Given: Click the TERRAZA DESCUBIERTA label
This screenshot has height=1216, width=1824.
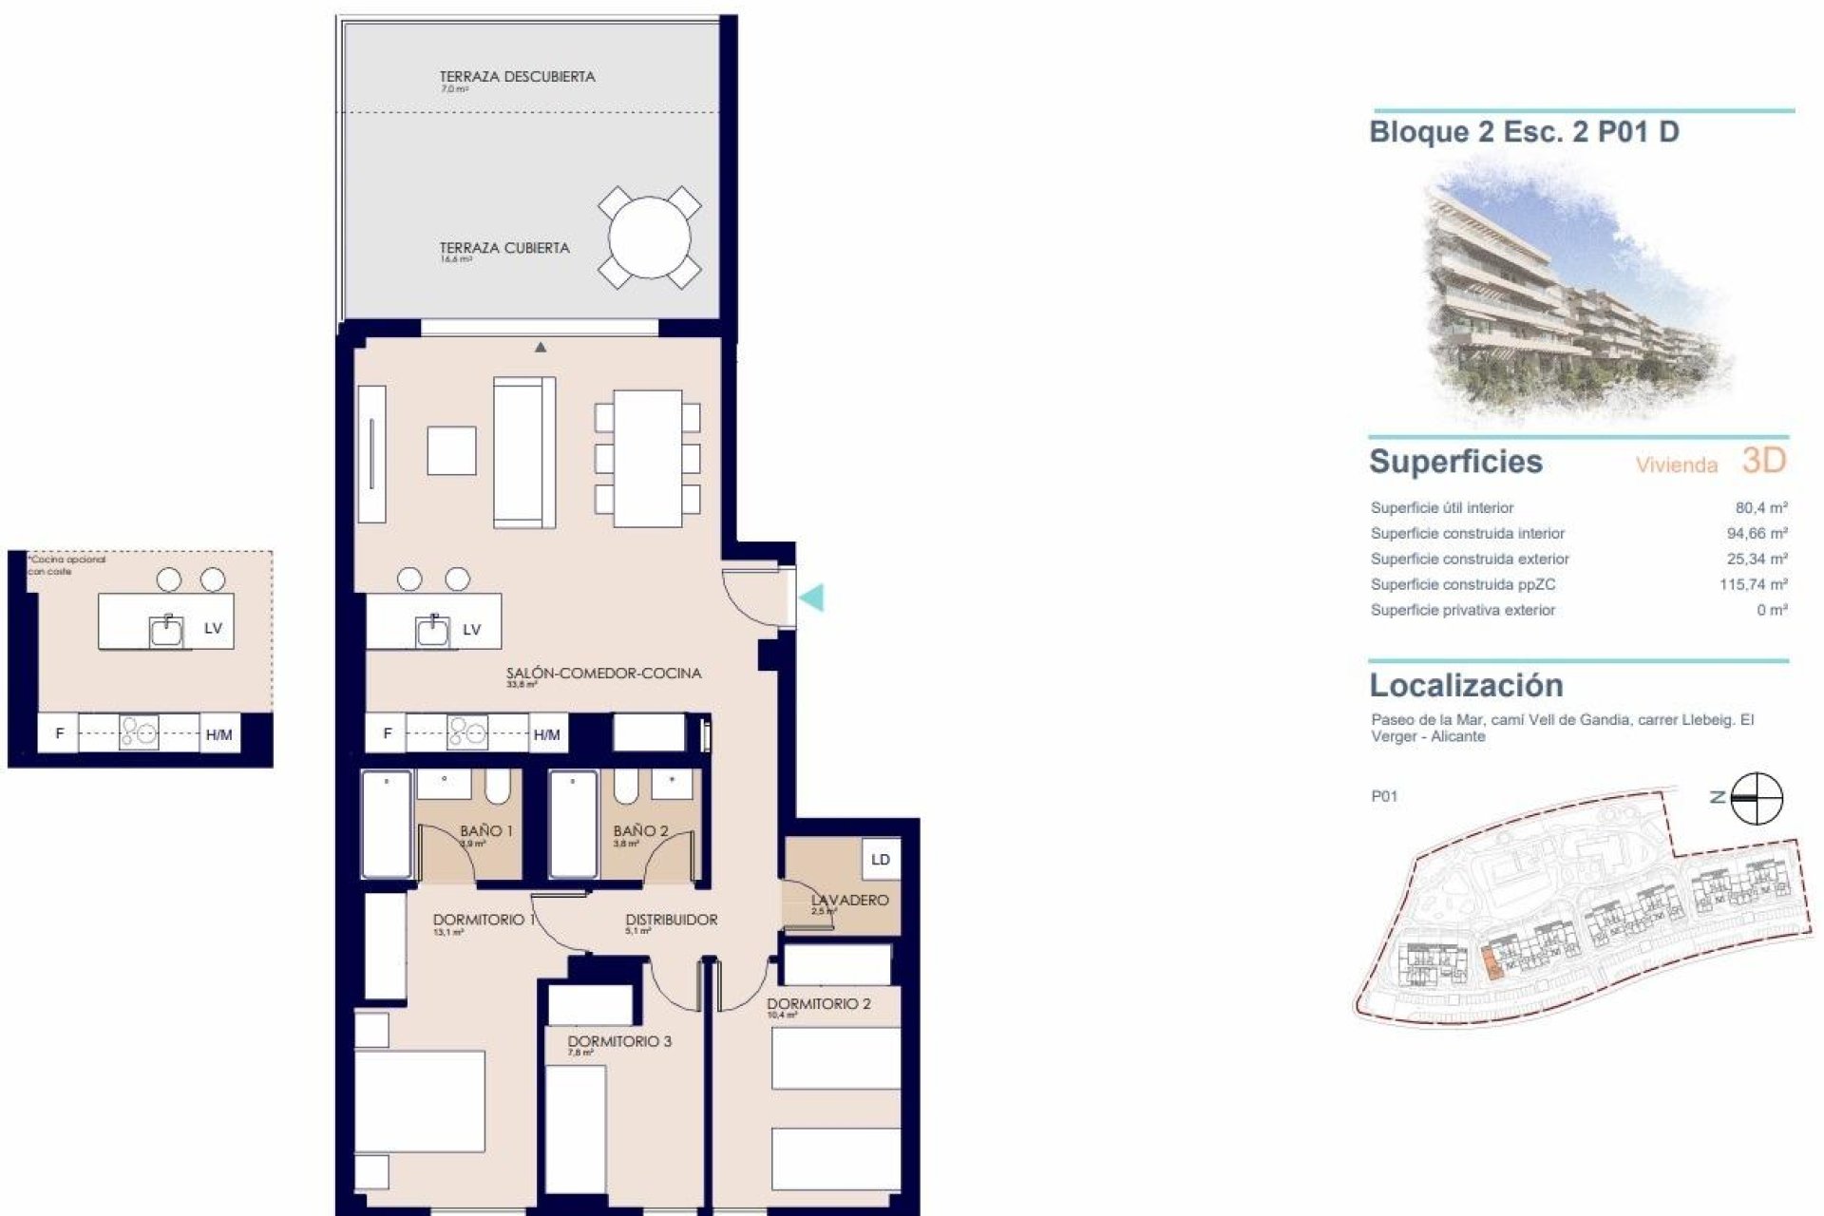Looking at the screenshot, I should click(x=517, y=77).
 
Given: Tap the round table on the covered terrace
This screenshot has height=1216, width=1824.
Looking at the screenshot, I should click(x=650, y=237).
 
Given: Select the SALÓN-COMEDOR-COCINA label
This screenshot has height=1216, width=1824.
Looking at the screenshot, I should click(x=603, y=674).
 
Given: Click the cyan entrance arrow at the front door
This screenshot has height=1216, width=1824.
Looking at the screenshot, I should click(x=811, y=598).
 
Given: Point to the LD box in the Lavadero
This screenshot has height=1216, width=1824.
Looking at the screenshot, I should click(x=880, y=860).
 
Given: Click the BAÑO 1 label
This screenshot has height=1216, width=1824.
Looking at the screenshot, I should click(x=485, y=831).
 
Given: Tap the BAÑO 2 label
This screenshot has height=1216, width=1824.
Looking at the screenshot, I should click(x=639, y=831).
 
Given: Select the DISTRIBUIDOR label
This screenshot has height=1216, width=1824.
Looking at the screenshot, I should click(x=671, y=920).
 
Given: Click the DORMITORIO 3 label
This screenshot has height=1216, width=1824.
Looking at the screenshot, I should click(x=619, y=1041).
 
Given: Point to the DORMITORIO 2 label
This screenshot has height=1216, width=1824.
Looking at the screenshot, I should click(x=818, y=1003).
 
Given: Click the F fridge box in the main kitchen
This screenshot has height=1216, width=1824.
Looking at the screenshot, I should click(x=387, y=733).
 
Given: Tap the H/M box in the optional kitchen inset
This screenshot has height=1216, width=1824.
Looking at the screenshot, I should click(x=218, y=734).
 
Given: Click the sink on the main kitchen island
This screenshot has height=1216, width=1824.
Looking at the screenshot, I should click(x=434, y=630).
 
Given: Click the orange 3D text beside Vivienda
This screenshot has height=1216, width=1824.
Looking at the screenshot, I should click(x=1764, y=461).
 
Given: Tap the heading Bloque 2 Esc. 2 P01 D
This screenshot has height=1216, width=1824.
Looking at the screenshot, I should click(x=1524, y=132).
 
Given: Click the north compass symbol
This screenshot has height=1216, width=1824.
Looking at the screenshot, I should click(x=1757, y=798).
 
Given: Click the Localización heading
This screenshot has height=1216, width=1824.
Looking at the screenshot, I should click(x=1465, y=685).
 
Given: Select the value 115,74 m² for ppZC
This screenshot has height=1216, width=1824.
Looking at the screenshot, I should click(x=1753, y=584).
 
